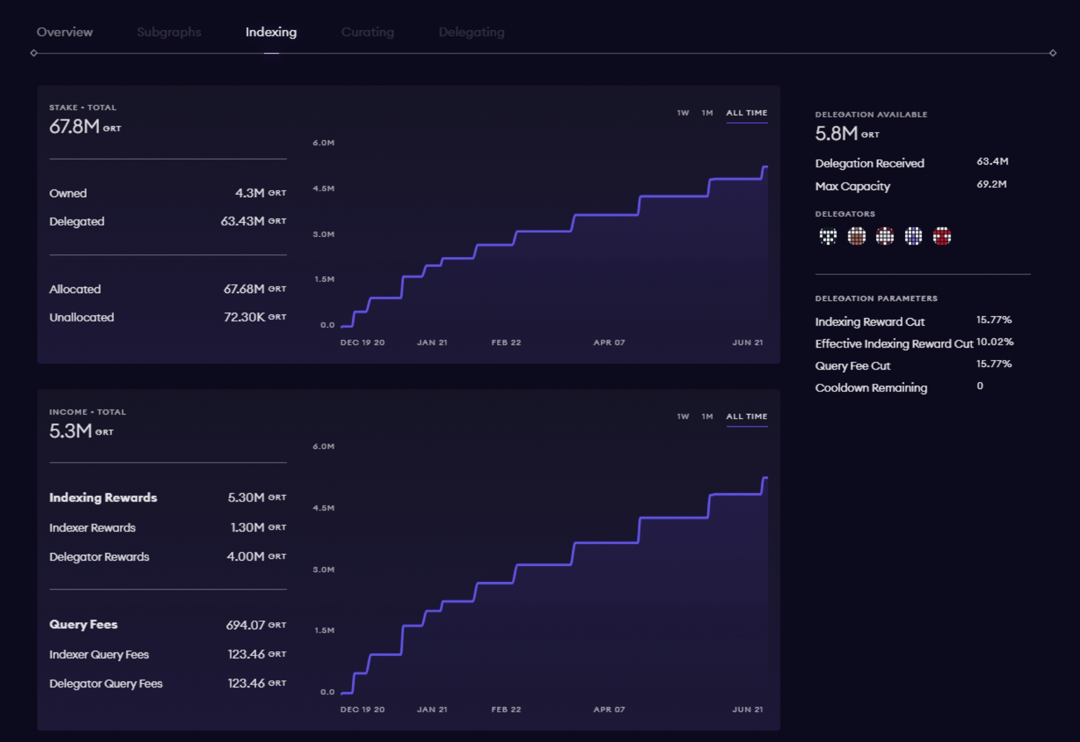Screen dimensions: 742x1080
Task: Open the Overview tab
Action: [65, 33]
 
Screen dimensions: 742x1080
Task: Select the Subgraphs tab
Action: [169, 33]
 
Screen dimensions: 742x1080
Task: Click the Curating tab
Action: [367, 33]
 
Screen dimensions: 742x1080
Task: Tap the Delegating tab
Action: [471, 33]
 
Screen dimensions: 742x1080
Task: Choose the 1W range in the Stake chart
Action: [682, 113]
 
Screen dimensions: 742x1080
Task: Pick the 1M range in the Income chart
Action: [707, 416]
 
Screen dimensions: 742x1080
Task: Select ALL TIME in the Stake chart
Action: [746, 113]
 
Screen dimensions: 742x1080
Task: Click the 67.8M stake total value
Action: [74, 127]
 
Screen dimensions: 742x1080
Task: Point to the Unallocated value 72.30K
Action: [244, 317]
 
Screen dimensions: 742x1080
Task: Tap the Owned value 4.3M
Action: [250, 193]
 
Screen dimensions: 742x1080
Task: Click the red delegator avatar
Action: [942, 236]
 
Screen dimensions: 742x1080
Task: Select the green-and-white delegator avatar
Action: [828, 236]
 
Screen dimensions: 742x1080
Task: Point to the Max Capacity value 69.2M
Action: [992, 185]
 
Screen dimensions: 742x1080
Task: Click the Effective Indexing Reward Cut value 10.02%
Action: [995, 342]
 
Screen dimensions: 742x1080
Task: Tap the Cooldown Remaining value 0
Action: [980, 386]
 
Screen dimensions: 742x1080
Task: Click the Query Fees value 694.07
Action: [245, 625]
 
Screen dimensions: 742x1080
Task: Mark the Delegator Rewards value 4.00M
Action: [245, 556]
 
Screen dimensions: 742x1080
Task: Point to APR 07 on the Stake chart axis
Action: [609, 343]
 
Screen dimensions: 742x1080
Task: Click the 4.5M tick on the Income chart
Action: [324, 508]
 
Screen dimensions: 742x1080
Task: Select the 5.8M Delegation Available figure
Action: [836, 134]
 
